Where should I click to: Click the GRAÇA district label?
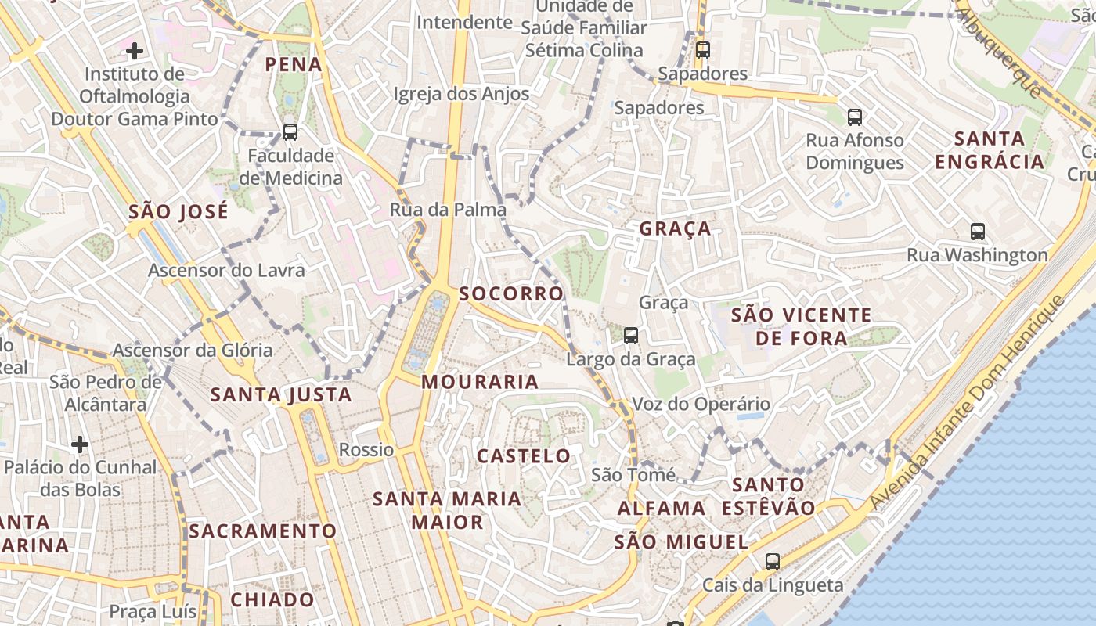click(x=675, y=228)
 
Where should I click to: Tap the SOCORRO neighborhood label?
click(x=511, y=293)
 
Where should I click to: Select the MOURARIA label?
click(x=480, y=382)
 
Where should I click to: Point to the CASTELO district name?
click(x=524, y=455)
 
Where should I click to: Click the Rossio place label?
click(x=366, y=450)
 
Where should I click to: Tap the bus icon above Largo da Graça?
click(x=630, y=336)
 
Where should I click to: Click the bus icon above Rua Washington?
click(x=977, y=232)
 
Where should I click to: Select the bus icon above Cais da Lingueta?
click(x=772, y=561)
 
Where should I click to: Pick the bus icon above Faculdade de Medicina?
click(x=290, y=132)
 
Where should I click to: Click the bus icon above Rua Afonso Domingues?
click(x=854, y=117)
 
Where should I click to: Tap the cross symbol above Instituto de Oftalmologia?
click(x=135, y=52)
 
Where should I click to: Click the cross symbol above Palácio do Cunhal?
click(x=80, y=444)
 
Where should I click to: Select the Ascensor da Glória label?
click(x=193, y=350)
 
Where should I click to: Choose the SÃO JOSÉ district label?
click(x=178, y=211)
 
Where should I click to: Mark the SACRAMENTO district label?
click(x=262, y=531)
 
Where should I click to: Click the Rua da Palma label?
click(x=448, y=210)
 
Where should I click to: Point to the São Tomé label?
click(x=633, y=475)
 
